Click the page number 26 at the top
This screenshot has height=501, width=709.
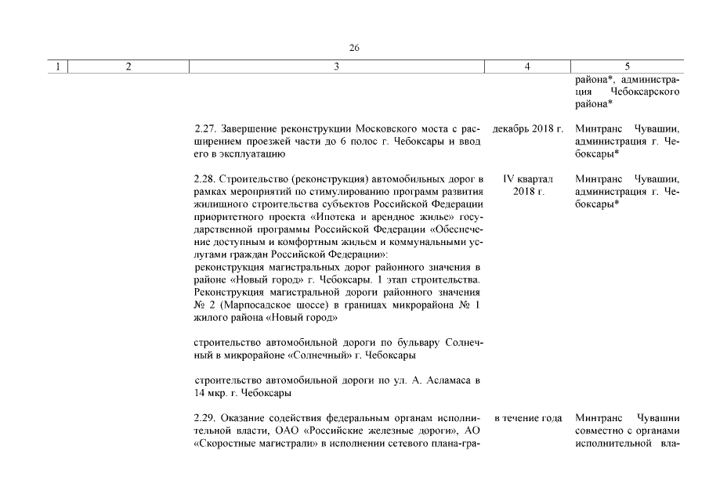coord(354,48)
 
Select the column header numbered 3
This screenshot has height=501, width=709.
coord(336,67)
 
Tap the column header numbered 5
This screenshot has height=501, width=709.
coord(627,67)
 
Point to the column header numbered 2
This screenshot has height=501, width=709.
coord(128,67)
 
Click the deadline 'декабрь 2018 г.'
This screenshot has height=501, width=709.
coord(529,128)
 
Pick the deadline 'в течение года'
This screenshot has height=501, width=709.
coord(529,417)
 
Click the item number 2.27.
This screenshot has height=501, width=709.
coord(205,128)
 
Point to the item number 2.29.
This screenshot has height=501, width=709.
coord(205,417)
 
